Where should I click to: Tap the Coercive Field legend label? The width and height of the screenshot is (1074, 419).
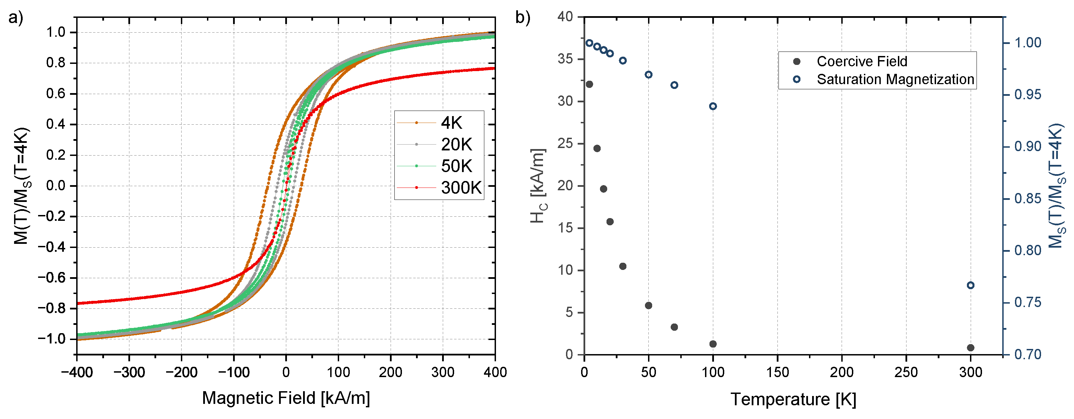(x=862, y=62)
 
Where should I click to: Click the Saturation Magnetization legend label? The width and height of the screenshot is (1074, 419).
(x=895, y=79)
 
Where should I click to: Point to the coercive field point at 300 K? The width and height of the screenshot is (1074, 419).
(x=970, y=348)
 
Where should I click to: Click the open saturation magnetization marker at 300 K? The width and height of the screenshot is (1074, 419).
(x=970, y=285)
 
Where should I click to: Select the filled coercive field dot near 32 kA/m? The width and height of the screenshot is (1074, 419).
(x=589, y=84)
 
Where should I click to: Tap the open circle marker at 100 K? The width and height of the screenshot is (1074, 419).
(x=713, y=106)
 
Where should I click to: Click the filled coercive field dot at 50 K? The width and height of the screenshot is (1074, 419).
(x=648, y=305)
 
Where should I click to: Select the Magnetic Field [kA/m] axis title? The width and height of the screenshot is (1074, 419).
(x=286, y=398)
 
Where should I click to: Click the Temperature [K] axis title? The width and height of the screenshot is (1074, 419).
(x=793, y=399)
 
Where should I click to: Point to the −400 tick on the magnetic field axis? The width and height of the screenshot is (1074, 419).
(x=77, y=372)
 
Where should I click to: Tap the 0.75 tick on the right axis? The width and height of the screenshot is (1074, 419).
(x=1028, y=303)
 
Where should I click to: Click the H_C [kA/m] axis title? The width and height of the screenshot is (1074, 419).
(x=538, y=186)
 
